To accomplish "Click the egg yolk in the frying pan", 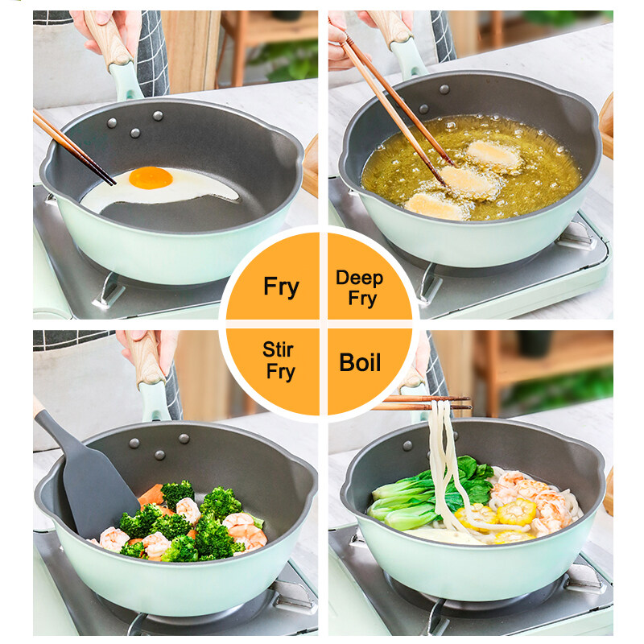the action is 151,178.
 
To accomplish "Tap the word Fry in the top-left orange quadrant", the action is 281,287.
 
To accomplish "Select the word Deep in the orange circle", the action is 359,278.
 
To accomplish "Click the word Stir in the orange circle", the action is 278,349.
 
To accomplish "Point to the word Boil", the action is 360,362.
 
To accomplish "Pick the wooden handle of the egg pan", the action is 108,38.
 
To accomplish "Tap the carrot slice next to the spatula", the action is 151,494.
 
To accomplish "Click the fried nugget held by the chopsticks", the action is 470,183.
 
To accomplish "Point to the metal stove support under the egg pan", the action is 108,291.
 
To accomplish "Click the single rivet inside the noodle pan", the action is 407,446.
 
